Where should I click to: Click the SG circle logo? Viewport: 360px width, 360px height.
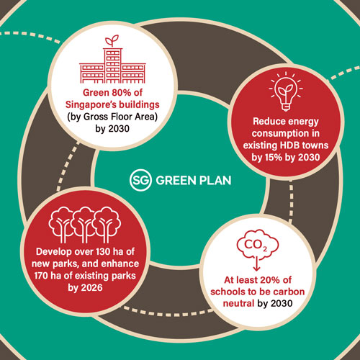click(140, 180)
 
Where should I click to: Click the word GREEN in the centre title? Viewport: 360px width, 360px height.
click(176, 181)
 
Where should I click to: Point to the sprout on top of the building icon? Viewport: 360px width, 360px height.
click(112, 41)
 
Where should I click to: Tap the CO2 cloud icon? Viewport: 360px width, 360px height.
click(258, 245)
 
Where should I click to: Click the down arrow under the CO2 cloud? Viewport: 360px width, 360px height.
click(257, 264)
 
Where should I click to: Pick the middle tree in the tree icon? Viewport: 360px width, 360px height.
click(85, 225)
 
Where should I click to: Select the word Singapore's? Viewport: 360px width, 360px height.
click(91, 105)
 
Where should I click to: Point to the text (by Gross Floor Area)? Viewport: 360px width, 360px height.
click(112, 117)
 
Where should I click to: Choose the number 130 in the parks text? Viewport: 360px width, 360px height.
click(104, 251)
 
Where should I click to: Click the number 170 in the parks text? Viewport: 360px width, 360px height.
click(42, 276)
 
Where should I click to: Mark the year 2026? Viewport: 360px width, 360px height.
click(92, 287)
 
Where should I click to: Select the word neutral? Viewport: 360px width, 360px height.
click(238, 303)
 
